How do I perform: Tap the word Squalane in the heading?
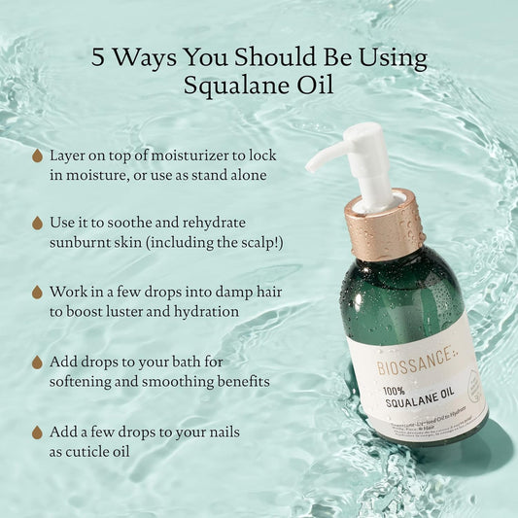click(x=229, y=86)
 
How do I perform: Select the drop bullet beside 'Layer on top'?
click(x=37, y=155)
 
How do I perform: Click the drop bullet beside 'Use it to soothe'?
click(x=37, y=224)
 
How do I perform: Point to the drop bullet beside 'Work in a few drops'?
click(x=37, y=292)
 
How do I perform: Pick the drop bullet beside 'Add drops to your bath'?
click(x=37, y=362)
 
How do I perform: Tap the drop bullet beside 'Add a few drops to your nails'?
click(x=37, y=431)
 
